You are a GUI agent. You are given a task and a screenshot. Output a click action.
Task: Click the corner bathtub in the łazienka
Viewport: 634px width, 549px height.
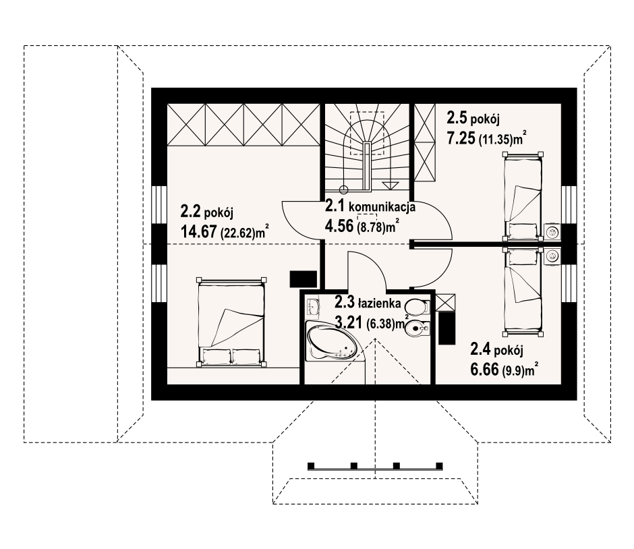click(332, 341)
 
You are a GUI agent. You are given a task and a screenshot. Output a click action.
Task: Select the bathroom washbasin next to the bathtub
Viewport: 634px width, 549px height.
click(312, 307)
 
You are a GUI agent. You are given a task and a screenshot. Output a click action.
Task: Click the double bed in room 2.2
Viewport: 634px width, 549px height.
click(231, 322)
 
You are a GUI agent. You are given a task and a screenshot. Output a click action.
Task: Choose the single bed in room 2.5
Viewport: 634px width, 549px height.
click(522, 196)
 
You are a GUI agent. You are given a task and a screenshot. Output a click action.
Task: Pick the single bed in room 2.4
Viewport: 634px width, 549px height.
click(522, 291)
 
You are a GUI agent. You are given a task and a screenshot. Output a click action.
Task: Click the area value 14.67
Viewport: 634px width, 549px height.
click(198, 232)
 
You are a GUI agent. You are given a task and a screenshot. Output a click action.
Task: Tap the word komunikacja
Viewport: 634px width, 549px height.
click(382, 207)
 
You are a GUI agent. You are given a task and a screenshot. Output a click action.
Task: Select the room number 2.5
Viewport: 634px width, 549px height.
click(457, 117)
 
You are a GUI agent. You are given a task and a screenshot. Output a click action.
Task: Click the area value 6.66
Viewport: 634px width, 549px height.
click(484, 370)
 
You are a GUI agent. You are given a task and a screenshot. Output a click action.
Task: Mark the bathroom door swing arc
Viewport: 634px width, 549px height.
click(374, 263)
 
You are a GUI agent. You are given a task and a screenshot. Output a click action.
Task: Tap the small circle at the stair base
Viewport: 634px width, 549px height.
click(344, 190)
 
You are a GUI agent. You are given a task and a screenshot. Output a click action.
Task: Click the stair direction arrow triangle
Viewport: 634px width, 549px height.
click(390, 185)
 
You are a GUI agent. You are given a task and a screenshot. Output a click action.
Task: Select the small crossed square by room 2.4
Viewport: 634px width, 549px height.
click(444, 302)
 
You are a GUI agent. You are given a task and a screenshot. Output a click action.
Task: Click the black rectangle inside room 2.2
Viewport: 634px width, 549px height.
click(304, 279)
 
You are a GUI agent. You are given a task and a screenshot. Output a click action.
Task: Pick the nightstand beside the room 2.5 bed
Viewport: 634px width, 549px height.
click(552, 231)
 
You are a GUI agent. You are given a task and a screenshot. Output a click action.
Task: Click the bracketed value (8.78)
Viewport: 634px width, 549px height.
click(370, 228)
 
